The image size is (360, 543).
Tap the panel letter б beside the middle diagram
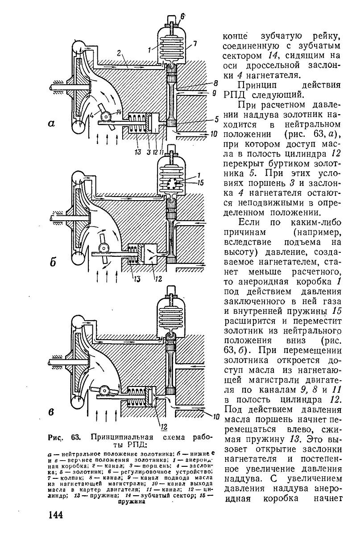coord(53,263)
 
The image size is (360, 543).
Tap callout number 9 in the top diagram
coord(214,94)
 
